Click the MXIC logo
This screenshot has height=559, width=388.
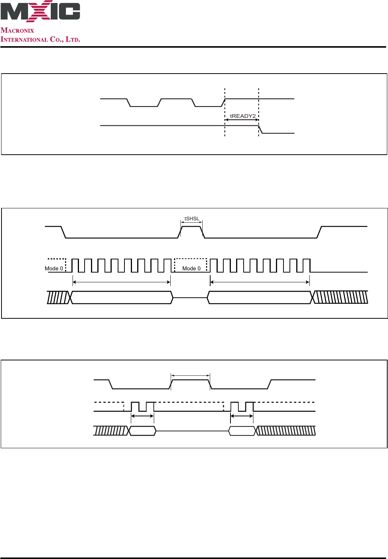point(40,11)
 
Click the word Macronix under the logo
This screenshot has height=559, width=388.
point(17,30)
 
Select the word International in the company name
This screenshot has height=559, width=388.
point(24,39)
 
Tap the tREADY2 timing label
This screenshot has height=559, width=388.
point(242,116)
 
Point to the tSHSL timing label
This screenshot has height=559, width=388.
point(192,218)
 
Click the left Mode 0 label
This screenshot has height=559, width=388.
point(54,268)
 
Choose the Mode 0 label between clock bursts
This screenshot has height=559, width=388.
point(191,268)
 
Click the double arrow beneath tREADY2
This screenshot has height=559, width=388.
point(242,120)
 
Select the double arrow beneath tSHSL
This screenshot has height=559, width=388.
point(191,222)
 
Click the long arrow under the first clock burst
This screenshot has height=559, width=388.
point(122,282)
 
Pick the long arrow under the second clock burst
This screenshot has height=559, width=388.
point(260,282)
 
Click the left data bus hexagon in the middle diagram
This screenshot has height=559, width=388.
point(122,297)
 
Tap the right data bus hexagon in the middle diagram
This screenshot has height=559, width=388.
point(260,297)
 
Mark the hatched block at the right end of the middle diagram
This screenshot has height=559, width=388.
point(341,297)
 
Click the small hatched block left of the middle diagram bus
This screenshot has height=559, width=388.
point(58,297)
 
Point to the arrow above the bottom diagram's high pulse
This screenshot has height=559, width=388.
point(190,375)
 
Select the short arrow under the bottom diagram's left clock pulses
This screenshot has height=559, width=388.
point(142,416)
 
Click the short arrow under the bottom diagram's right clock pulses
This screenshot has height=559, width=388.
point(242,416)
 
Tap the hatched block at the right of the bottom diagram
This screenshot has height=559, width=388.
point(286,431)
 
